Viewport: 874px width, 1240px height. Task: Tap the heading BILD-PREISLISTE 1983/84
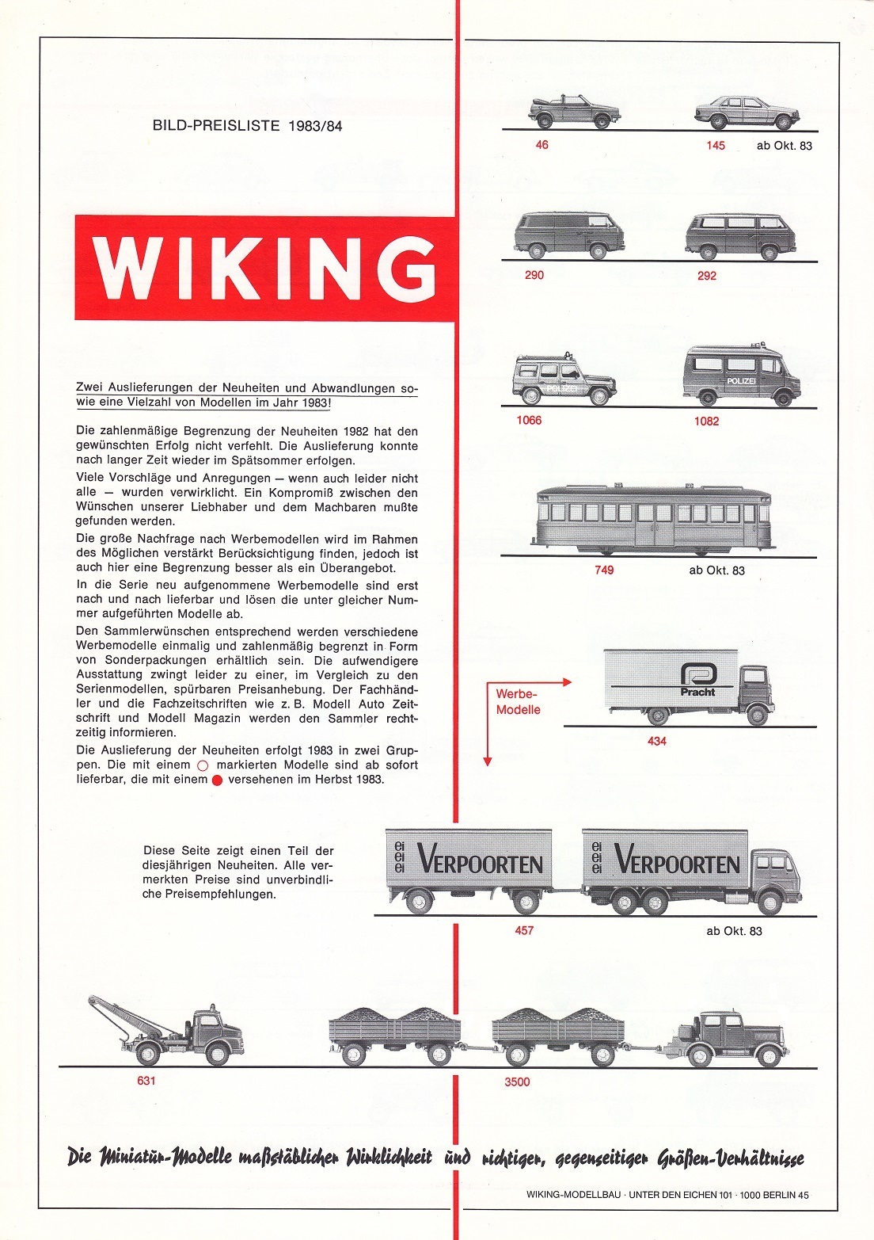point(247,125)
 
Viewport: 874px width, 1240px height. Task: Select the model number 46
point(541,145)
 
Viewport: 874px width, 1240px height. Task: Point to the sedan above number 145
point(747,113)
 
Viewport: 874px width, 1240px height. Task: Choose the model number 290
point(534,275)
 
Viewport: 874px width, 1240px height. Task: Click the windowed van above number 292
point(741,235)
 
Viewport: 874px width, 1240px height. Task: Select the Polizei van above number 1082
point(741,376)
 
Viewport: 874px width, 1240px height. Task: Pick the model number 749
point(604,570)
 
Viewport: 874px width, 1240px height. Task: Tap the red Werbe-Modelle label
point(518,702)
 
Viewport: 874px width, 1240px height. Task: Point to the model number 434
point(657,741)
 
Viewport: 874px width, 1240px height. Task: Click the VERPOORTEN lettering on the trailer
point(480,862)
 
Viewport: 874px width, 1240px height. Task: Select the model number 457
point(524,930)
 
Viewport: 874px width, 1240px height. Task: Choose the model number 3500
point(517,1082)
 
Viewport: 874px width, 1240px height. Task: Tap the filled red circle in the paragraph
point(218,780)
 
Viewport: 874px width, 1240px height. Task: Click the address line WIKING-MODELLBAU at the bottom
point(667,1195)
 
